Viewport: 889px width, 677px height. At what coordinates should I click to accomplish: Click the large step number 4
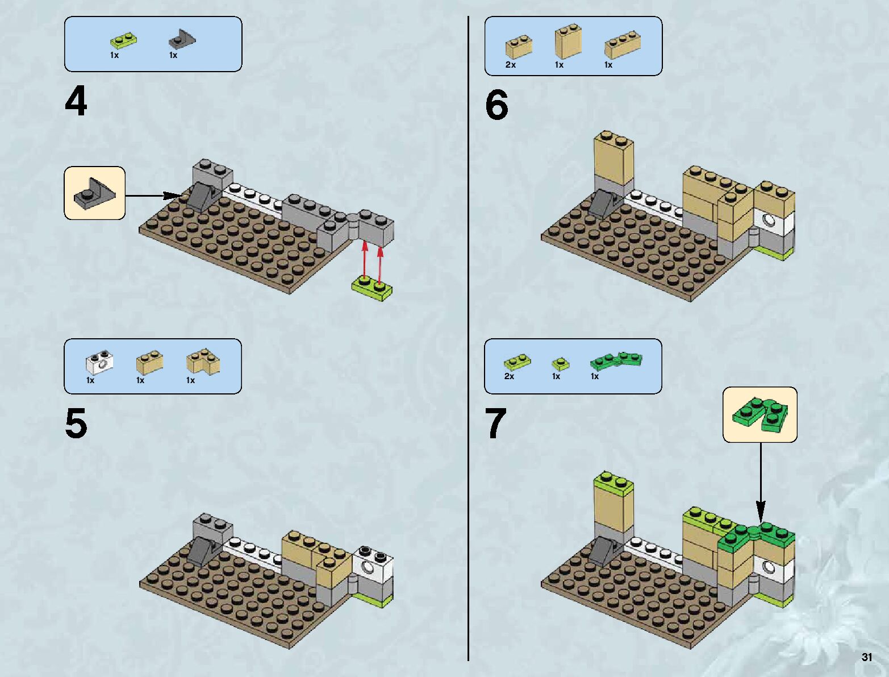click(x=76, y=102)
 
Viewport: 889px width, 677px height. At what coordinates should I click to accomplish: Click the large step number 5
click(x=76, y=423)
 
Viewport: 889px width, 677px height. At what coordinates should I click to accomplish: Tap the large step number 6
click(x=496, y=106)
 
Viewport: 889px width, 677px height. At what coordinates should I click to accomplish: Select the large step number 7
click(x=495, y=424)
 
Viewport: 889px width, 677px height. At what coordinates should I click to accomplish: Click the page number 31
click(x=866, y=657)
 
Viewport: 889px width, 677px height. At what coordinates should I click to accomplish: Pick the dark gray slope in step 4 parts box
click(x=182, y=39)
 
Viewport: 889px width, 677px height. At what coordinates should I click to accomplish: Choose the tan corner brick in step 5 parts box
click(x=203, y=362)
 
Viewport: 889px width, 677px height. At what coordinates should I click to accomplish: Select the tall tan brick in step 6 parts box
click(x=567, y=41)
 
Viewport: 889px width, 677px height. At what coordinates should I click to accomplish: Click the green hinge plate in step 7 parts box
click(x=616, y=360)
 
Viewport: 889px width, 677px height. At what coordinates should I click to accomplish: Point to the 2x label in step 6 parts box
click(x=511, y=65)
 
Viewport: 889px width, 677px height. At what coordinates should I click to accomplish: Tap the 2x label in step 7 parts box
click(x=509, y=376)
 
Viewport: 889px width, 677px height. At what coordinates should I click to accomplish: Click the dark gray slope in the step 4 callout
click(x=94, y=193)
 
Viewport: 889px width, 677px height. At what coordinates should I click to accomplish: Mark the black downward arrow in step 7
click(x=761, y=483)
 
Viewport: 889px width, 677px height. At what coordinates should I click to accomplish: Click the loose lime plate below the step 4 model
click(x=372, y=287)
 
